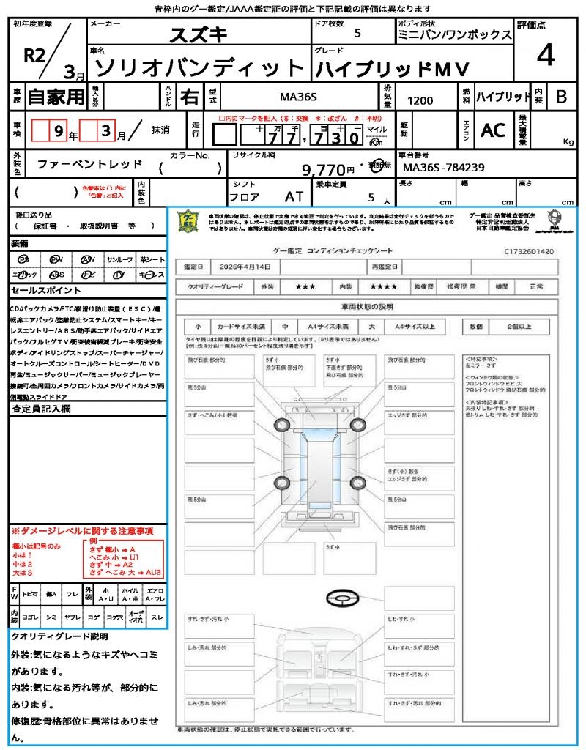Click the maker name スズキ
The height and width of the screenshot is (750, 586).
coord(199,35)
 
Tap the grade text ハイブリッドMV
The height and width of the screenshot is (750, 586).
coord(392,68)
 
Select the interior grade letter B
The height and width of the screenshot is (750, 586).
coord(561,96)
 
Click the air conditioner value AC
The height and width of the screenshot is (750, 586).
coord(493,130)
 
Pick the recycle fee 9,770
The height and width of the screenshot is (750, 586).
coord(323,170)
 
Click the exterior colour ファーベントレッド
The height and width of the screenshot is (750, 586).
coord(90,164)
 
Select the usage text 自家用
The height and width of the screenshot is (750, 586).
coord(56,96)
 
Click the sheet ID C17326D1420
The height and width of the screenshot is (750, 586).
coord(528,251)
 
